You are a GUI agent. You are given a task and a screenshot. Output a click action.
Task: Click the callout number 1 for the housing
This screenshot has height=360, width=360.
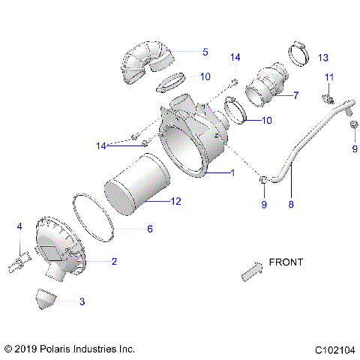pyautogui.click(x=233, y=173)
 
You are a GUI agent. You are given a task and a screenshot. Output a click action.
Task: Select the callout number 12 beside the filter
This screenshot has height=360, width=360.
pyautogui.click(x=176, y=201)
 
